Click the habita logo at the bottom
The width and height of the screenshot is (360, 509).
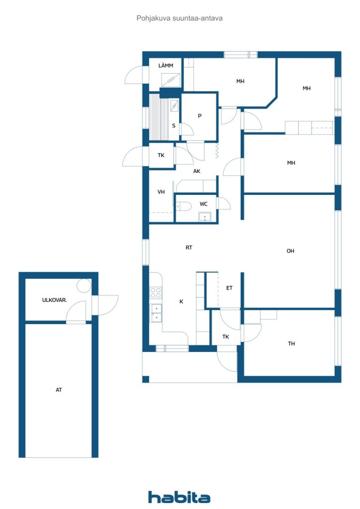[179, 497]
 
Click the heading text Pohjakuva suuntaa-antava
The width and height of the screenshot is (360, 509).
[180, 18]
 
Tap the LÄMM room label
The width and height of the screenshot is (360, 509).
[166, 66]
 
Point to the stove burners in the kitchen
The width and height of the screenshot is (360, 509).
[156, 293]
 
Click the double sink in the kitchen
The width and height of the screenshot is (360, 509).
[156, 313]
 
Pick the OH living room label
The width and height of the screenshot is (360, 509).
[290, 251]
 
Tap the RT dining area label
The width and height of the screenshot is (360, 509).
[188, 248]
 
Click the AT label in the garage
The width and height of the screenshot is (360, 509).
[59, 390]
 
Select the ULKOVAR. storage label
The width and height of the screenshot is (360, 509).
[55, 300]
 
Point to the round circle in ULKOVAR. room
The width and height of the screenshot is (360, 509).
[84, 286]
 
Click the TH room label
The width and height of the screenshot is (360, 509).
[291, 343]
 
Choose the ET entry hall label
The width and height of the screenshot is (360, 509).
[229, 288]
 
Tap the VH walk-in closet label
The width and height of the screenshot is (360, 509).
[161, 192]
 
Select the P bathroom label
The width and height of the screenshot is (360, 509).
[199, 116]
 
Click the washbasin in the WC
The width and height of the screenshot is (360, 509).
[205, 217]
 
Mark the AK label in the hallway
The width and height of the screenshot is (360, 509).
[197, 171]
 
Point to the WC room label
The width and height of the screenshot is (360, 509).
[203, 204]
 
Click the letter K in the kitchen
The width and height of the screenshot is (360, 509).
[181, 302]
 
